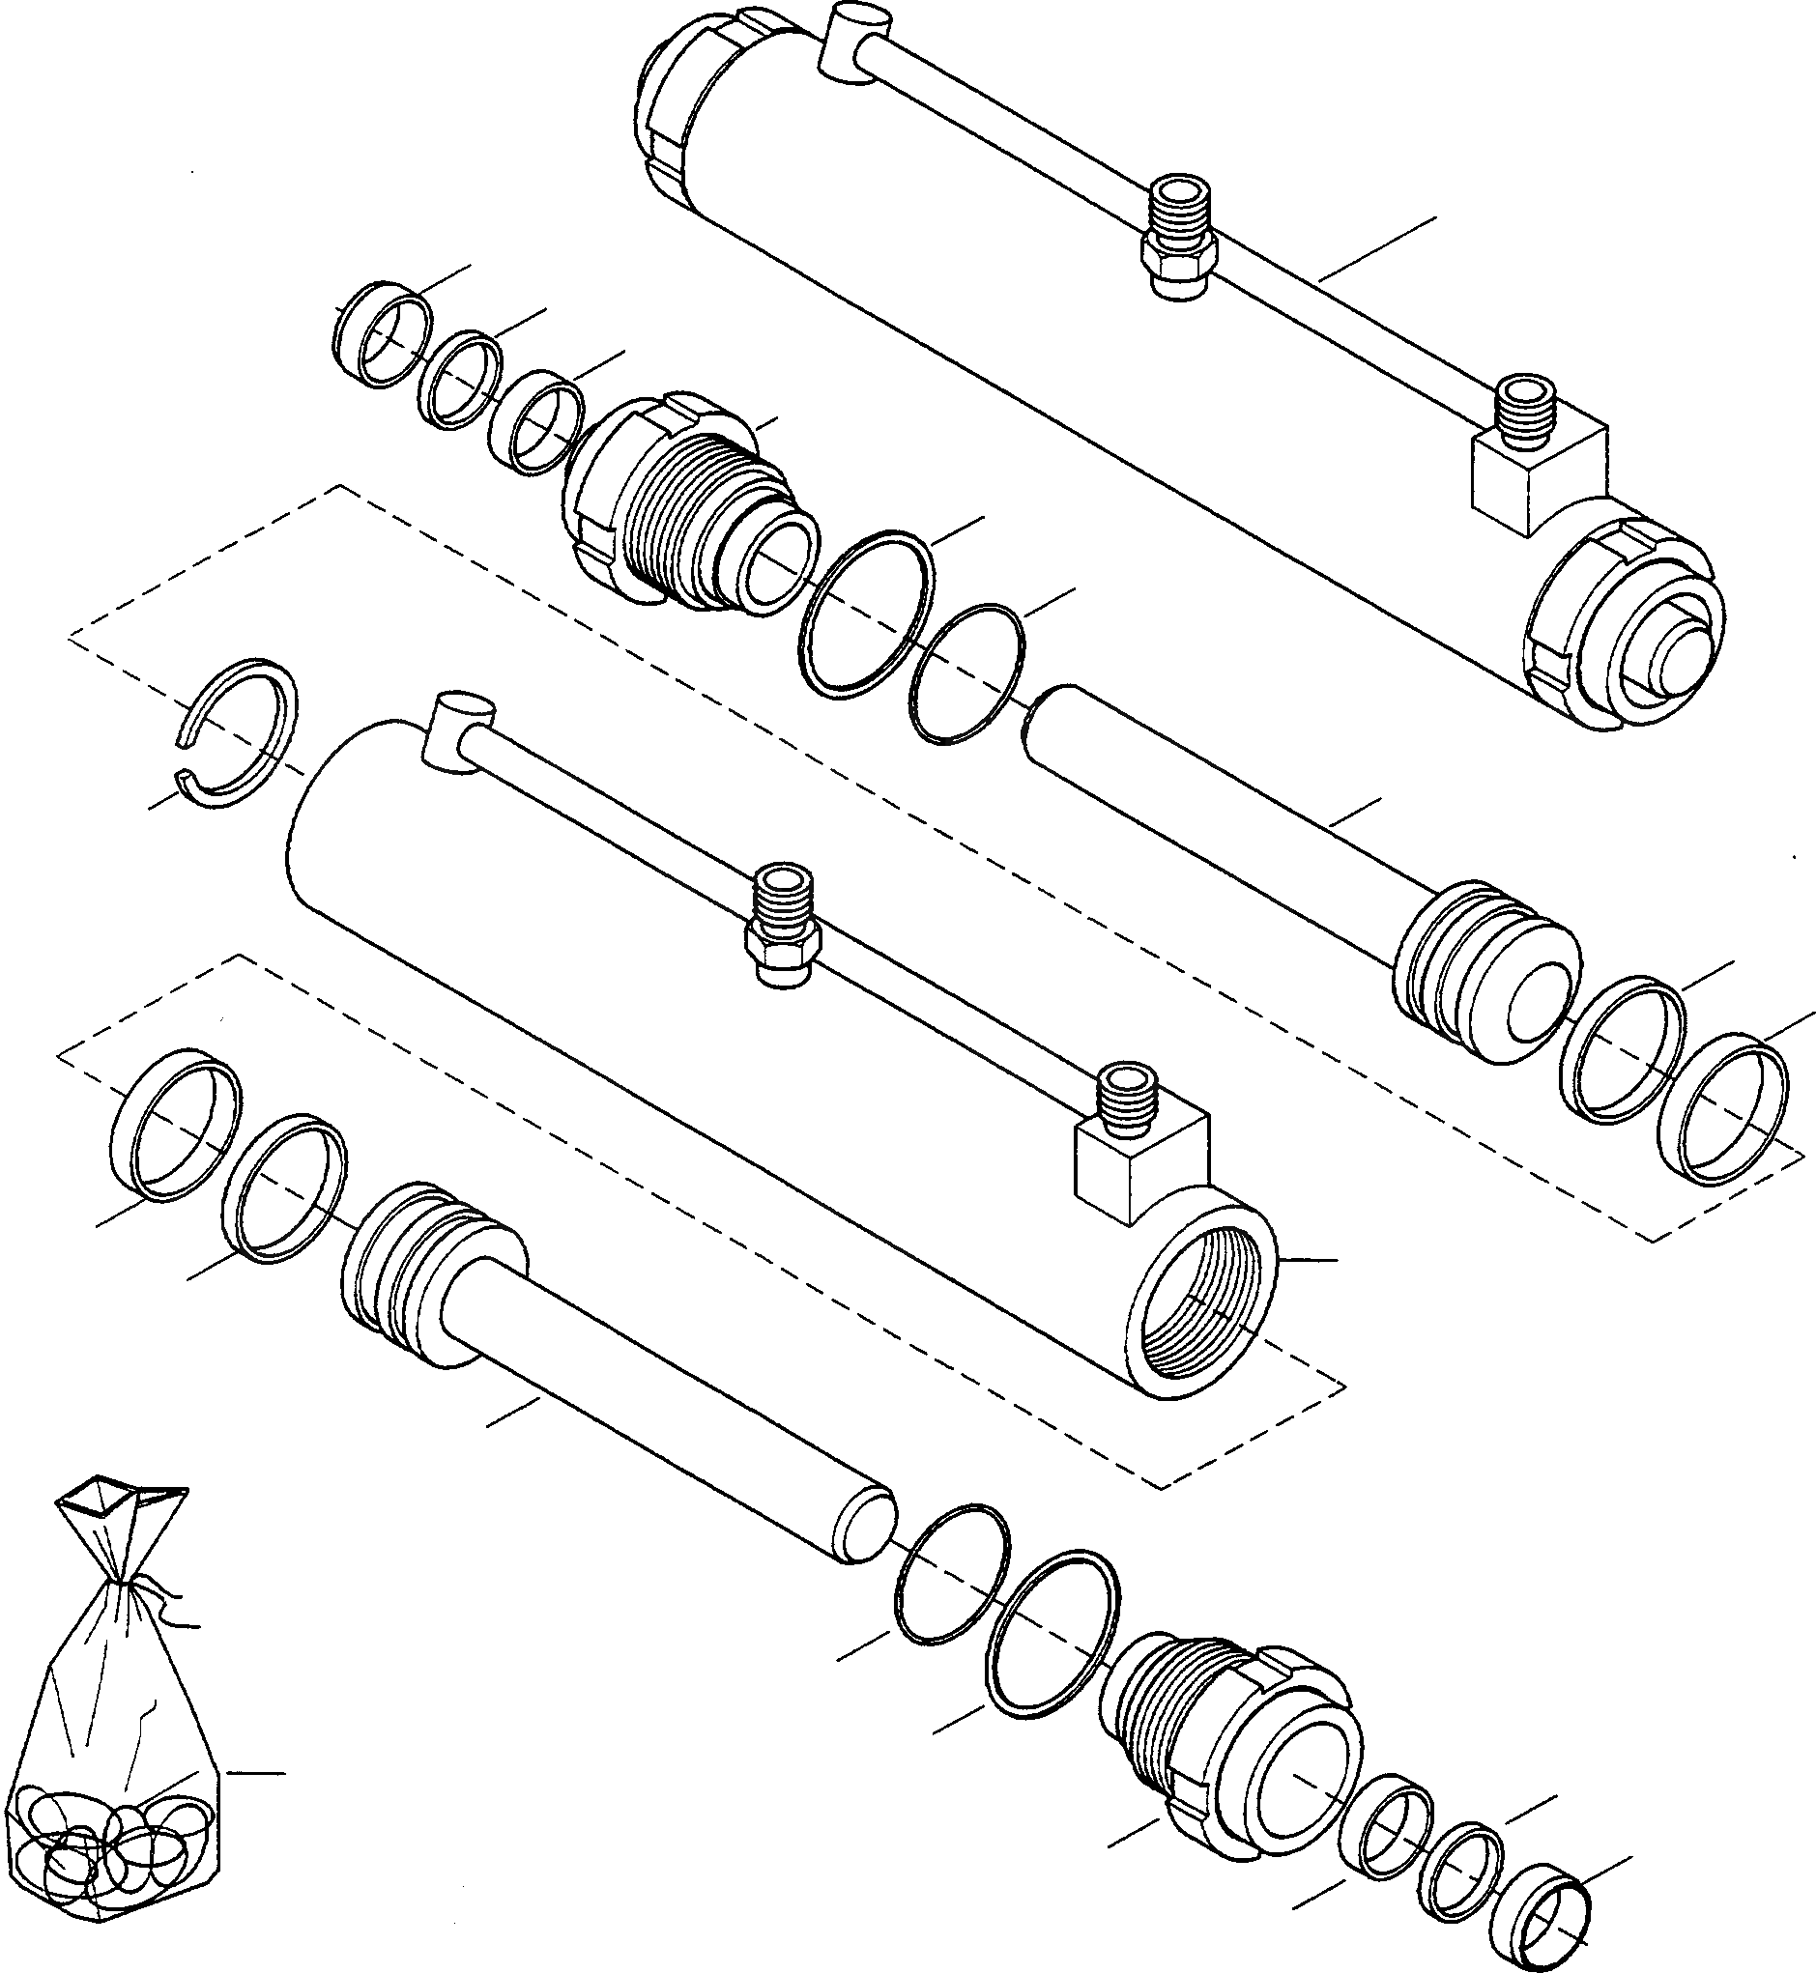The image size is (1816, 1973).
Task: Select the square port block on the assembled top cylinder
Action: (1536, 470)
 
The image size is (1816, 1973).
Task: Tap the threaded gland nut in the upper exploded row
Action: (688, 511)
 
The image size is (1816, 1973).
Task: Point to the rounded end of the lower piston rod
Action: (865, 1523)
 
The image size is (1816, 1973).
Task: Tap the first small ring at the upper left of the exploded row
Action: (384, 334)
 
